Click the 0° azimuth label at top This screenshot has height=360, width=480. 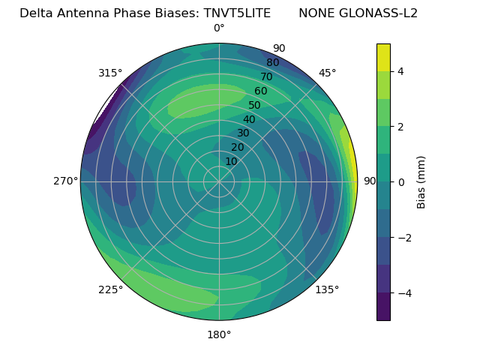219,28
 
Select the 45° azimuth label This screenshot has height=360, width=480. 328,73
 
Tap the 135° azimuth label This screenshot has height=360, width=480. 327,289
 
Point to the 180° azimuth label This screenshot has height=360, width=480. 219,334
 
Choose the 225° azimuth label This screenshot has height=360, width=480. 110,289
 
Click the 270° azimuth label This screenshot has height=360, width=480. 66,181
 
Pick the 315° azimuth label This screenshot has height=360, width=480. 110,73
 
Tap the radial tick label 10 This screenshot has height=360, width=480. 231,161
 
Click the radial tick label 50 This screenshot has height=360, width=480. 254,105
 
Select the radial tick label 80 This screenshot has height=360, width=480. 272,63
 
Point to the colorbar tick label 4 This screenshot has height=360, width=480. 400,71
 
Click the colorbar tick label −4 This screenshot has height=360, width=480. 403,292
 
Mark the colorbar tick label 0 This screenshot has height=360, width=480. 400,182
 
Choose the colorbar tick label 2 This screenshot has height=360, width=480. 400,127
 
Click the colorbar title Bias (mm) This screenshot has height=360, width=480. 421,182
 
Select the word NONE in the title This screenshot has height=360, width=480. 316,13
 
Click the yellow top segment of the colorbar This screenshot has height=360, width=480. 383,57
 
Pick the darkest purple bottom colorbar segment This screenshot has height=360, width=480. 383,307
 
